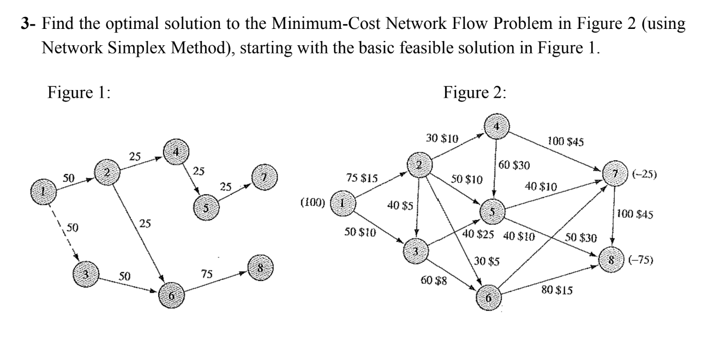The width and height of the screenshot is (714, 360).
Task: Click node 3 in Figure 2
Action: pos(416,252)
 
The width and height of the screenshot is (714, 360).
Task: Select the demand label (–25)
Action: pos(645,176)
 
